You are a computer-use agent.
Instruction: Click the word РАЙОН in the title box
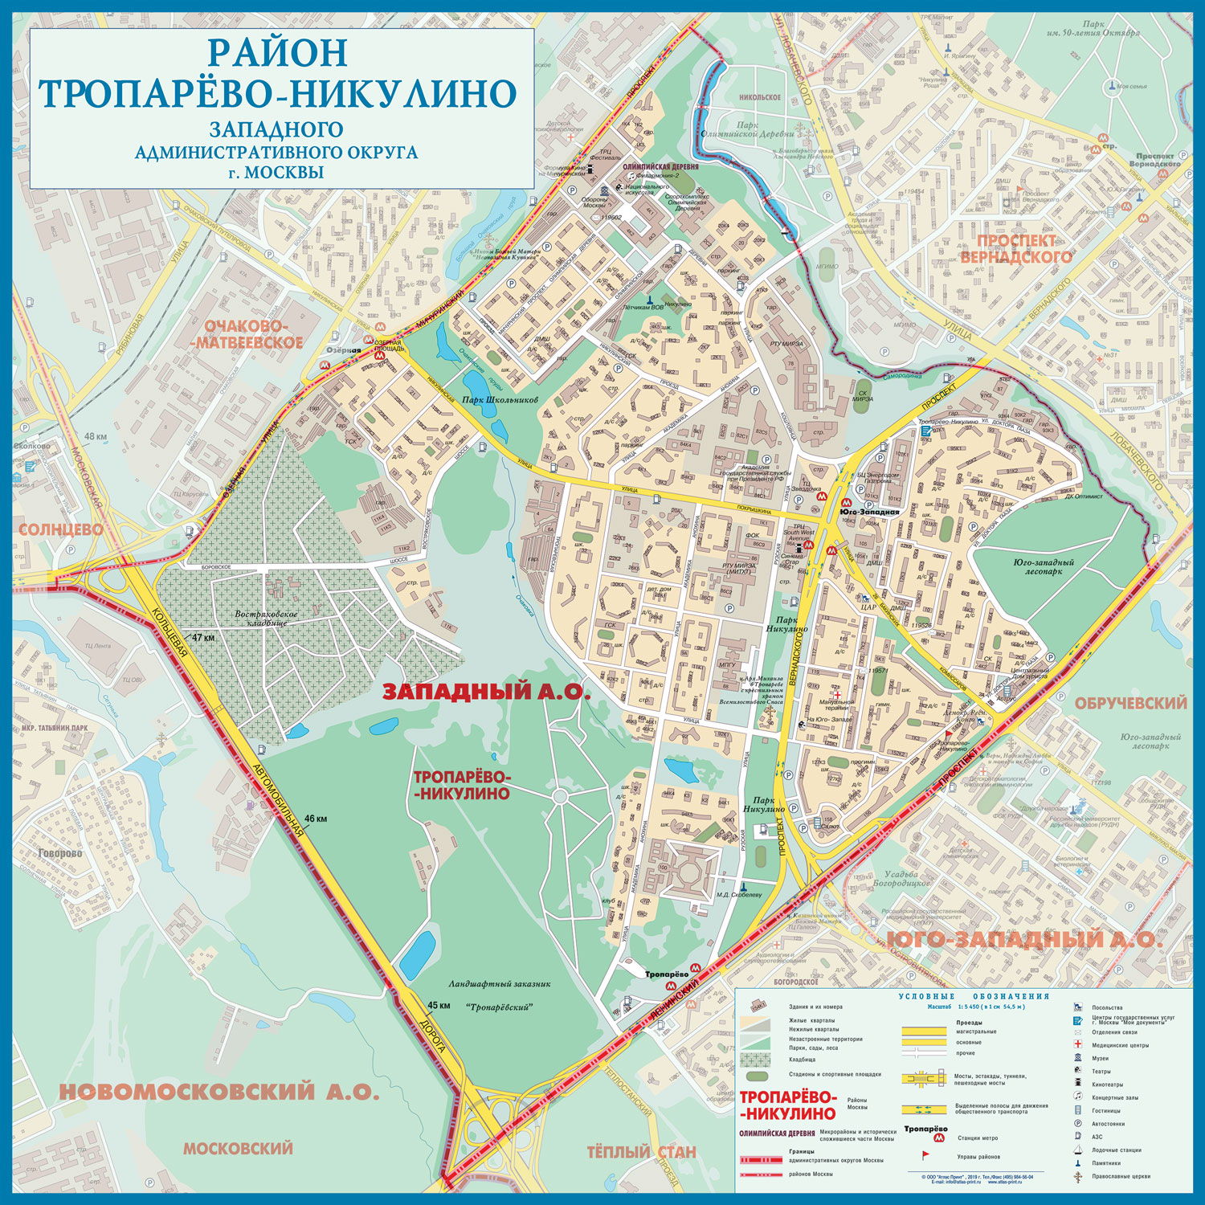[x=278, y=53]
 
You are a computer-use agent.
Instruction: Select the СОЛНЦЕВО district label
[x=61, y=529]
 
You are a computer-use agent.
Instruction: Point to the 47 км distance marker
[x=202, y=637]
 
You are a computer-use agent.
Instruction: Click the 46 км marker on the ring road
[x=315, y=819]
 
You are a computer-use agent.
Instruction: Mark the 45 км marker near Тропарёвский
[x=439, y=1005]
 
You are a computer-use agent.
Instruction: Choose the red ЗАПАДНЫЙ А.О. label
[x=485, y=692]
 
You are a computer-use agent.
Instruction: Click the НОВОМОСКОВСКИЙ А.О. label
[x=219, y=1092]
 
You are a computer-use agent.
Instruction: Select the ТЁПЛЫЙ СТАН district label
[x=641, y=1152]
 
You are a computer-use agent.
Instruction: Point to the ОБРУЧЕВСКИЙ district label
[x=1130, y=703]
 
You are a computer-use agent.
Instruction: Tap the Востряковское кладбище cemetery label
[x=266, y=619]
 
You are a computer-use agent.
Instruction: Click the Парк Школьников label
[x=499, y=400]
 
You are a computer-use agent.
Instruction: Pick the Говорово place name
[x=59, y=853]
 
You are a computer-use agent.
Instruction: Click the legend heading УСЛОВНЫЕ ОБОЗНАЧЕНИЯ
[x=974, y=996]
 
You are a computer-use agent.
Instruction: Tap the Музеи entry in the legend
[x=1100, y=1058]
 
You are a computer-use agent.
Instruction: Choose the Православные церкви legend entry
[x=1121, y=1176]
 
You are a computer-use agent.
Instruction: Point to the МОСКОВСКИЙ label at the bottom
[x=238, y=1149]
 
